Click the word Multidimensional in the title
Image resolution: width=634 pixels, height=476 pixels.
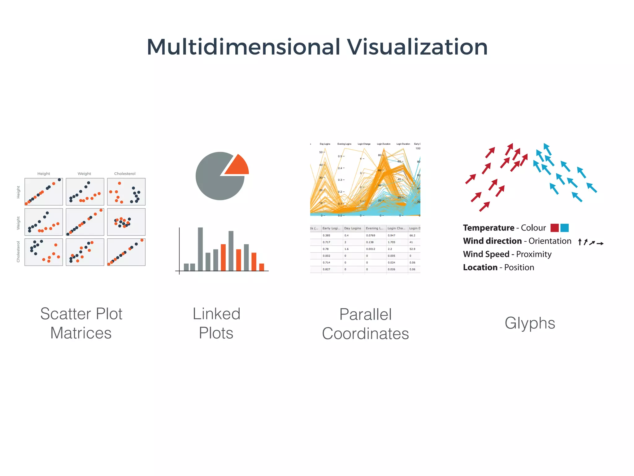click(243, 47)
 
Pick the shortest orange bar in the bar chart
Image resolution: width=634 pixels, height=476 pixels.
click(262, 267)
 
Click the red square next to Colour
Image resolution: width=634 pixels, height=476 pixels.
click(554, 228)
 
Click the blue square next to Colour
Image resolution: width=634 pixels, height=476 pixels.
click(564, 228)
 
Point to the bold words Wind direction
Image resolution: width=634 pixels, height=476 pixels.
click(492, 241)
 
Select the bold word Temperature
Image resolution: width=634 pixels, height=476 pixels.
click(488, 228)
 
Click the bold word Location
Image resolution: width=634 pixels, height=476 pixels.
click(480, 267)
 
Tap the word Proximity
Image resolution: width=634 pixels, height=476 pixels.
click(534, 254)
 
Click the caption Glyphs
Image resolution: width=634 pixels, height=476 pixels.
click(530, 323)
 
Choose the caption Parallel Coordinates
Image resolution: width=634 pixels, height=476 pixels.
click(365, 324)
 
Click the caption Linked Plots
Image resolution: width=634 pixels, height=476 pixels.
click(216, 323)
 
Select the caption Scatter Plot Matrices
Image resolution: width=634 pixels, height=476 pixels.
click(81, 323)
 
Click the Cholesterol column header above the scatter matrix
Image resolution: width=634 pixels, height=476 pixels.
click(125, 174)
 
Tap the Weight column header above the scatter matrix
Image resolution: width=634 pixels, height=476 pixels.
click(84, 174)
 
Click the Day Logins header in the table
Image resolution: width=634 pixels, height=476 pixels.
click(353, 228)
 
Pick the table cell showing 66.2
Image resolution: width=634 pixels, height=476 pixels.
click(412, 236)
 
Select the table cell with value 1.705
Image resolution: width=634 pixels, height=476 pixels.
click(391, 242)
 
